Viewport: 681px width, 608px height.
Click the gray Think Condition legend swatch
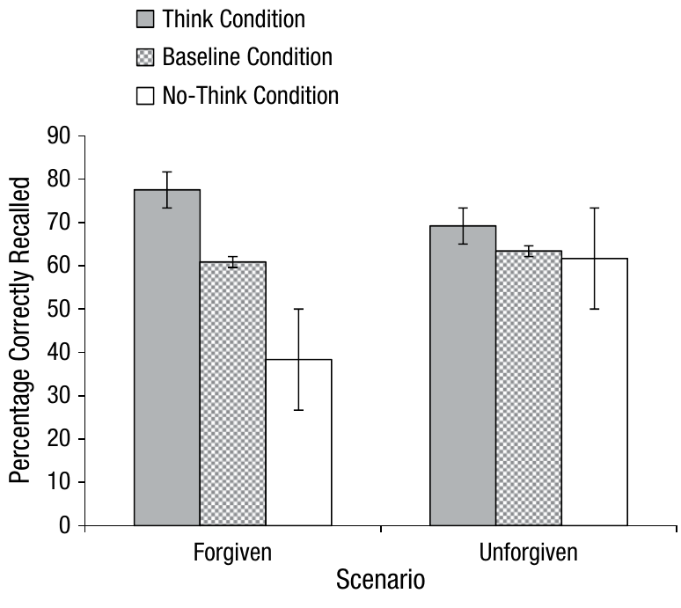(x=145, y=19)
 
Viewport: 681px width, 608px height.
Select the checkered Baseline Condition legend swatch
(x=145, y=57)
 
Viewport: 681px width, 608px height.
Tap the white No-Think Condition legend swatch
(x=145, y=95)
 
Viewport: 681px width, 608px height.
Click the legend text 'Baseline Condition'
(x=247, y=57)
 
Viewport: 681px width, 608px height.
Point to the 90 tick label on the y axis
(x=57, y=136)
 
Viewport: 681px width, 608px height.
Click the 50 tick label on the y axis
(x=57, y=309)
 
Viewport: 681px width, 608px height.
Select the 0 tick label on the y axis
(x=63, y=525)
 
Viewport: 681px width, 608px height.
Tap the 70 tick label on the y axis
(x=57, y=223)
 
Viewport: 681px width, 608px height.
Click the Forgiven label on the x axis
(x=232, y=553)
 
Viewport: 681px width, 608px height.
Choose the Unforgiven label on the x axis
(x=528, y=553)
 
